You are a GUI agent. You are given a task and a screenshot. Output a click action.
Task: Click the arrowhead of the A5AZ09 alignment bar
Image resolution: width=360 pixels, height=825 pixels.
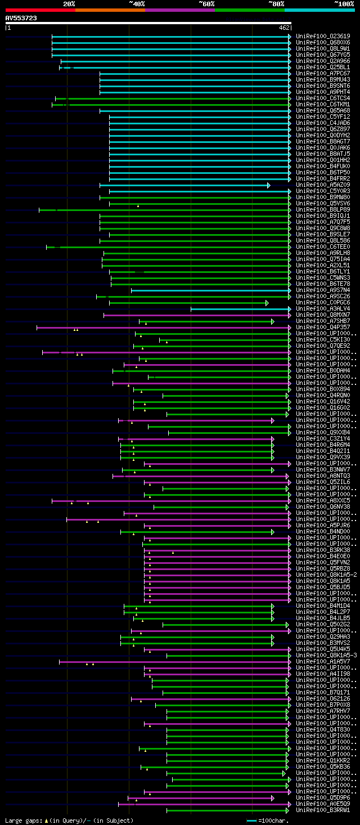pyautogui.click(x=269, y=185)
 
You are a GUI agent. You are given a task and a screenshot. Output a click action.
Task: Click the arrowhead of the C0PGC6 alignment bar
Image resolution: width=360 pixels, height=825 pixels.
pyautogui.click(x=267, y=303)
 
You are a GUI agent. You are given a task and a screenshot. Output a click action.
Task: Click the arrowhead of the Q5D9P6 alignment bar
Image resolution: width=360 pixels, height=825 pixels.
pyautogui.click(x=273, y=798)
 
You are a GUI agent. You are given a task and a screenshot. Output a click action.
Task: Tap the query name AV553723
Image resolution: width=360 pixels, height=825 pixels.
pyautogui.click(x=21, y=18)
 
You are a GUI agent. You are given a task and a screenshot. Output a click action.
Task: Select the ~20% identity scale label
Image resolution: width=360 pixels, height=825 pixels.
pyautogui.click(x=69, y=4)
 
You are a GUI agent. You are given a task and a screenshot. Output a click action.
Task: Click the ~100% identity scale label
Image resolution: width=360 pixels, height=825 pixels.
pyautogui.click(x=344, y=4)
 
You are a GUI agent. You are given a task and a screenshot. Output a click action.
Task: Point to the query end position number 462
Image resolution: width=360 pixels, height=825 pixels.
pyautogui.click(x=283, y=28)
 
